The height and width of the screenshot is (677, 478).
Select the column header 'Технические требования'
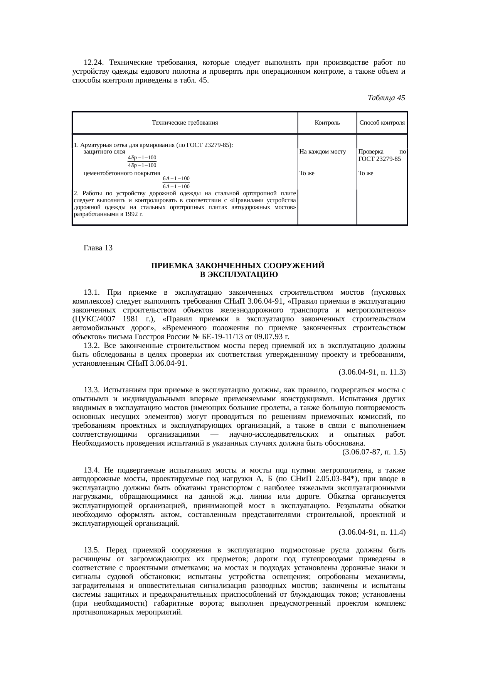tap(185, 123)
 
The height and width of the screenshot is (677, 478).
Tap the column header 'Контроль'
tap(327, 123)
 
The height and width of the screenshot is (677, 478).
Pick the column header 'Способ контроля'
tap(382, 123)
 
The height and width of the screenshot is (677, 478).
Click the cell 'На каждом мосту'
tap(322, 152)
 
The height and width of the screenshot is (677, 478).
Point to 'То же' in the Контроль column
tap(307, 173)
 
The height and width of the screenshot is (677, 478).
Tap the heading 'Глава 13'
tap(98, 248)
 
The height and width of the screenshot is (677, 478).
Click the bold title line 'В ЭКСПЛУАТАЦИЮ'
tap(239, 275)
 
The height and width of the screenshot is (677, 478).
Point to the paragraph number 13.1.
tap(92, 292)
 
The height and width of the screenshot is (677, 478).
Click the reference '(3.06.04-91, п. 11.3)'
tap(372, 372)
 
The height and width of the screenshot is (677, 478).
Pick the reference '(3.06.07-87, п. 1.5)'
tap(374, 452)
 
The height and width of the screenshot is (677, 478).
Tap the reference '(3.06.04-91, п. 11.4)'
tap(372, 532)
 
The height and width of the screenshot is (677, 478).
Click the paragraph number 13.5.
tap(92, 550)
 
